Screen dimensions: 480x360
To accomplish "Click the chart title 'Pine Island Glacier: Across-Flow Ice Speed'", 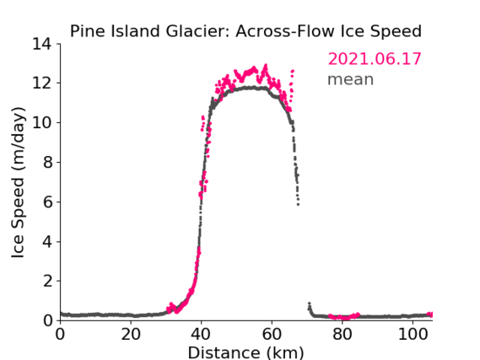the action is tap(245, 31).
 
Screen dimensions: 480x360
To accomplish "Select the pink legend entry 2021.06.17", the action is tap(375, 59).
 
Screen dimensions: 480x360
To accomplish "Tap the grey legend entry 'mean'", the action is tap(351, 79).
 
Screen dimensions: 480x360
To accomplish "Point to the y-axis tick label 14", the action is tap(42, 44).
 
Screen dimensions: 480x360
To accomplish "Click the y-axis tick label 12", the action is tap(42, 83).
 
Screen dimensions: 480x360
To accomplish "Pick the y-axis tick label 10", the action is tap(42, 122).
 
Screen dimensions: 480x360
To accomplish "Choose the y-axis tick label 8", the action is tap(47, 162).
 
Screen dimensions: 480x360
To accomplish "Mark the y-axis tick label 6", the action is tap(47, 201).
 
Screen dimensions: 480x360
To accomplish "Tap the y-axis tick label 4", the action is tap(47, 242).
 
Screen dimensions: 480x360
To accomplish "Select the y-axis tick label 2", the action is tap(47, 281).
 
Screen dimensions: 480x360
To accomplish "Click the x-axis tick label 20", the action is tap(131, 335).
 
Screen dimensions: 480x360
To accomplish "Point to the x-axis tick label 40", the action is tap(201, 335).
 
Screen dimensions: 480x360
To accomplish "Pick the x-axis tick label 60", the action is tap(272, 335).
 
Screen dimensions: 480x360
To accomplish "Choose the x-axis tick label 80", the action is tap(342, 335).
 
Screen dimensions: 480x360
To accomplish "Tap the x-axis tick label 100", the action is tap(413, 335).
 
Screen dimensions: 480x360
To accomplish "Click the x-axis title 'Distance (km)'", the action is tap(245, 352).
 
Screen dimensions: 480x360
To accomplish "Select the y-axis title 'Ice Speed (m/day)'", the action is tap(18, 183).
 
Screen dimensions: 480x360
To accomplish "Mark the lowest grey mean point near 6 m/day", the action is tap(298, 204).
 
